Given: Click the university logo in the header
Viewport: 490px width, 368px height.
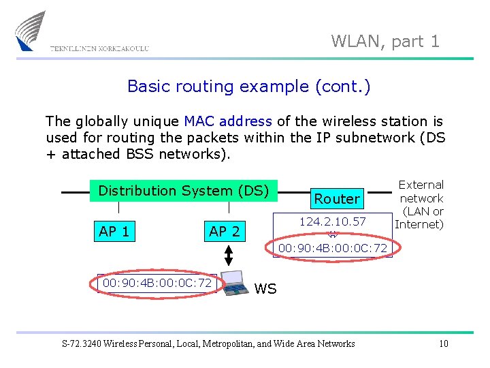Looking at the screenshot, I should click(x=31, y=31).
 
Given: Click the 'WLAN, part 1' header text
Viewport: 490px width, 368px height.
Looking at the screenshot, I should click(x=385, y=42).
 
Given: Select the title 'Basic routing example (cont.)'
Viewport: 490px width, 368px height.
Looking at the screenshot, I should click(x=248, y=87).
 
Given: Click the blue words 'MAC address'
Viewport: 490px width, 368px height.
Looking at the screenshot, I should click(x=228, y=121).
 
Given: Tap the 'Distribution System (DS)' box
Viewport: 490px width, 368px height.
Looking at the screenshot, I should click(x=184, y=191).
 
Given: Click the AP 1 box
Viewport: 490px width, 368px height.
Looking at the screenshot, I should click(x=114, y=231).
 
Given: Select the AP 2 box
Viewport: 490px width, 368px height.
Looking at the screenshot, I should click(x=225, y=231).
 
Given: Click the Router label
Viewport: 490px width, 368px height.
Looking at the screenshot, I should click(x=336, y=199).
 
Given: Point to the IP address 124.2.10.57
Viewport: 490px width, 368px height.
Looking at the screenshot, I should click(x=333, y=221).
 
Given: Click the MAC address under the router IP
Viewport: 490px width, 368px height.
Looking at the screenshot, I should click(x=333, y=249).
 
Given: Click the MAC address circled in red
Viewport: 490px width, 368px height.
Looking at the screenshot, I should click(x=157, y=283).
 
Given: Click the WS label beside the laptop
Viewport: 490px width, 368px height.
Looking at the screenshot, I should click(x=265, y=289).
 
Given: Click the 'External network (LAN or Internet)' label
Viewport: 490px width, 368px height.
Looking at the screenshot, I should click(x=421, y=204).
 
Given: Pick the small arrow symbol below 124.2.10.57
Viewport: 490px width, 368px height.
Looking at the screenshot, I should click(x=333, y=235).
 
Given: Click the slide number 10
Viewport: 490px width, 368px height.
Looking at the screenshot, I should click(x=443, y=343).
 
